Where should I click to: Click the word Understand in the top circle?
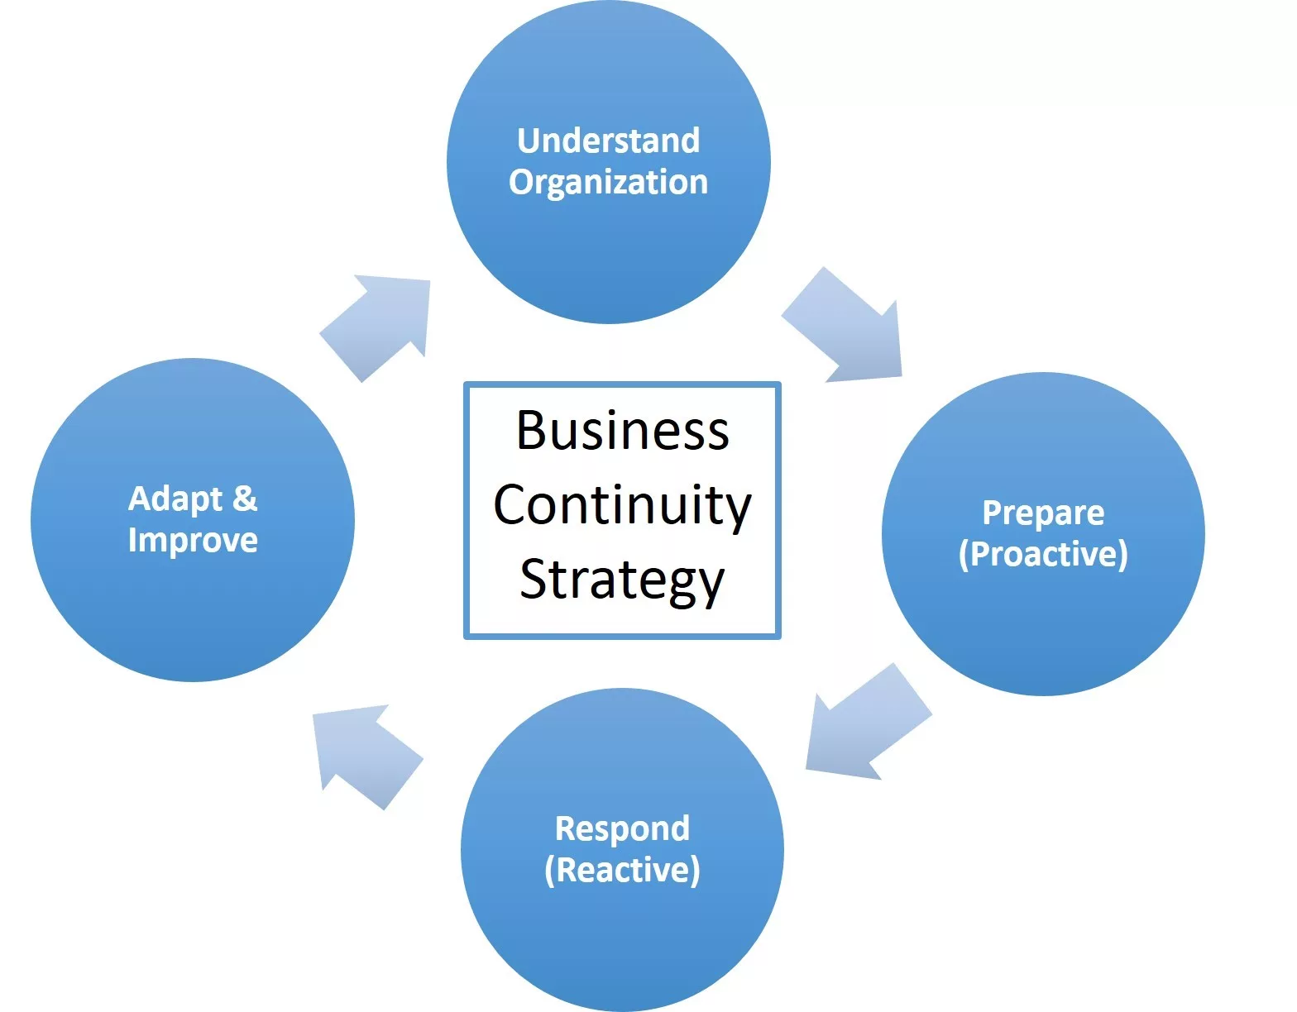click(x=608, y=141)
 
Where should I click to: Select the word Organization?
click(x=608, y=183)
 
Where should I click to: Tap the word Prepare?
click(x=1043, y=513)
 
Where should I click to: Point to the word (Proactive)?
click(x=1043, y=554)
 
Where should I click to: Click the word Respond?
click(x=622, y=828)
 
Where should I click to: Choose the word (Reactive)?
click(x=622, y=870)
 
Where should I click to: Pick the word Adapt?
click(x=175, y=499)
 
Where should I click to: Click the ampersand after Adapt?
click(x=245, y=499)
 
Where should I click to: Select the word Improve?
click(x=193, y=540)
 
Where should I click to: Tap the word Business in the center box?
click(x=622, y=431)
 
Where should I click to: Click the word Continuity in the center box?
click(x=622, y=505)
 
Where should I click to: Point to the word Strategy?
click(x=622, y=580)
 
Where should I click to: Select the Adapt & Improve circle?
click(x=193, y=612)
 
